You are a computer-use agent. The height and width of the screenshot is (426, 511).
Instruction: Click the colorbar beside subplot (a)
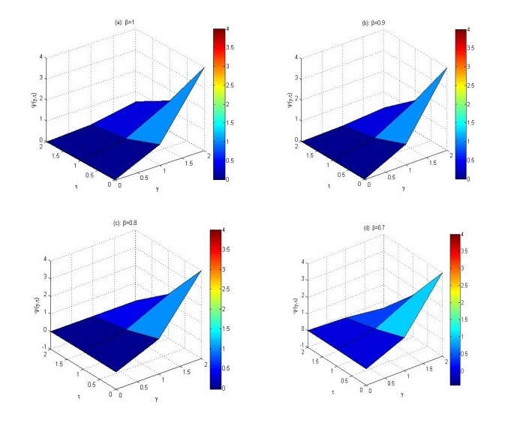(218, 104)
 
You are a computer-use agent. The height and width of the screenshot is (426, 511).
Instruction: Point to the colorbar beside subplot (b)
(461, 104)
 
